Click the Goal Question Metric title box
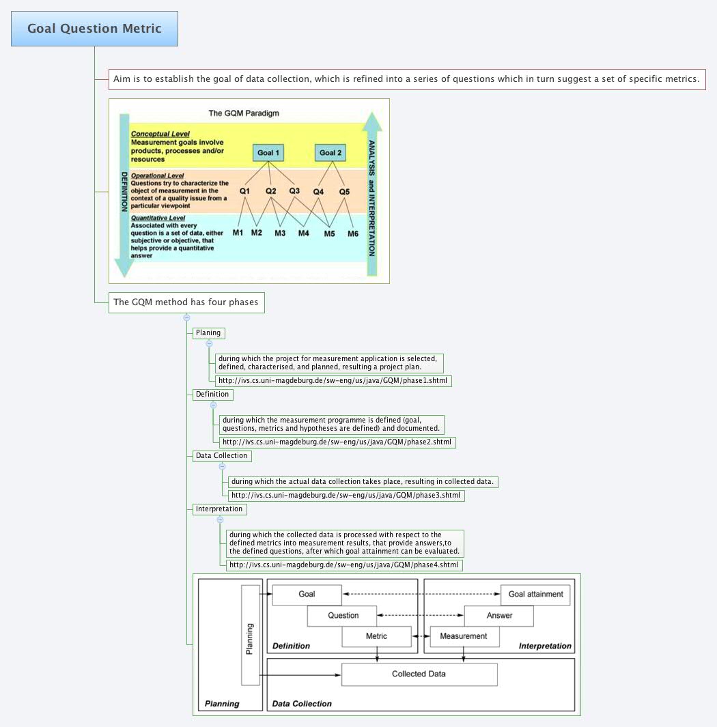tap(94, 29)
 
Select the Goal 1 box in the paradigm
tap(268, 152)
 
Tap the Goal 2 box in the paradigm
tap(331, 152)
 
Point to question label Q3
tap(294, 190)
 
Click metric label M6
tap(352, 233)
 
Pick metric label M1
tap(238, 233)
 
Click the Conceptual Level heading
tap(160, 134)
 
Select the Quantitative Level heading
tap(158, 218)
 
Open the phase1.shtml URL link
tap(333, 380)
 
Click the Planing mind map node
tap(208, 332)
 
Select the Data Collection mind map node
tap(221, 455)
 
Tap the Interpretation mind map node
tap(219, 509)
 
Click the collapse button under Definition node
tap(213, 405)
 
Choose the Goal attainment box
tap(535, 594)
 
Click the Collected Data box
tap(419, 674)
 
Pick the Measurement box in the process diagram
tap(464, 636)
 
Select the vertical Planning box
tap(250, 635)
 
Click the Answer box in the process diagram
tap(498, 615)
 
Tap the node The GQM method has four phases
tap(186, 302)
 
